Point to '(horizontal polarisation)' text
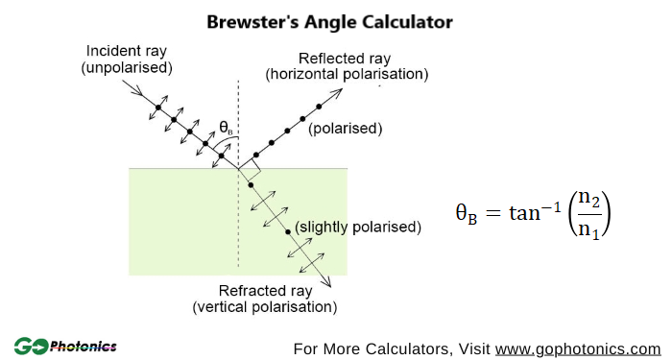pyautogui.click(x=348, y=73)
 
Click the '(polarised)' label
pyautogui.click(x=346, y=128)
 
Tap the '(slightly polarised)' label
pyautogui.click(x=358, y=228)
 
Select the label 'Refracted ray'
pyautogui.click(x=264, y=292)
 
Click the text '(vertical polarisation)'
pyautogui.click(x=264, y=307)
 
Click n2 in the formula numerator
pyautogui.click(x=589, y=201)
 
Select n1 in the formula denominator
pyautogui.click(x=589, y=230)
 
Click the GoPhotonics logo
pyautogui.click(x=65, y=346)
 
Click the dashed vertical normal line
pyautogui.click(x=238, y=106)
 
